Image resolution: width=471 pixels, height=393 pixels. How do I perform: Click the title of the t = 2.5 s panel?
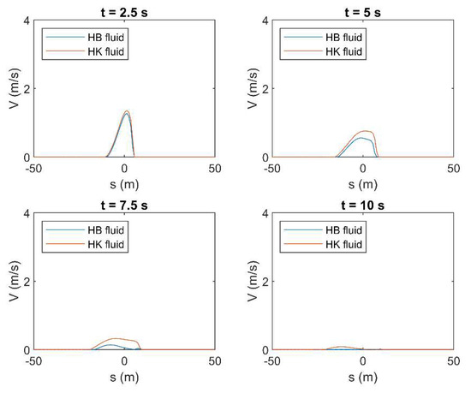pos(125,9)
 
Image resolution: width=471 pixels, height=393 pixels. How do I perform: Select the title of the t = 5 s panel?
pos(363,9)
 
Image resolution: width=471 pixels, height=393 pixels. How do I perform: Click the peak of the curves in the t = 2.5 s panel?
pos(126,111)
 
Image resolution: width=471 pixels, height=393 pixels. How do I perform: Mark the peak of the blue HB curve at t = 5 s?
pos(362,138)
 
